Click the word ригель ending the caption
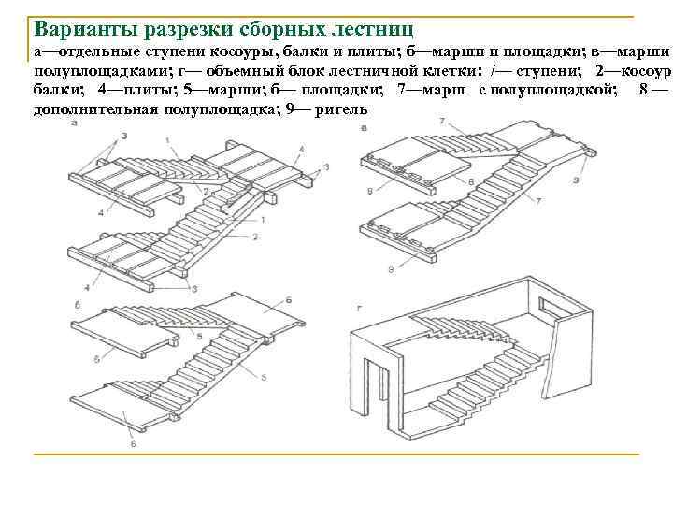point(341,108)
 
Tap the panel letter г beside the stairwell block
point(359,307)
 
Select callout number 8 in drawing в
point(470,180)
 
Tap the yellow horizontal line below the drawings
point(336,454)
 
